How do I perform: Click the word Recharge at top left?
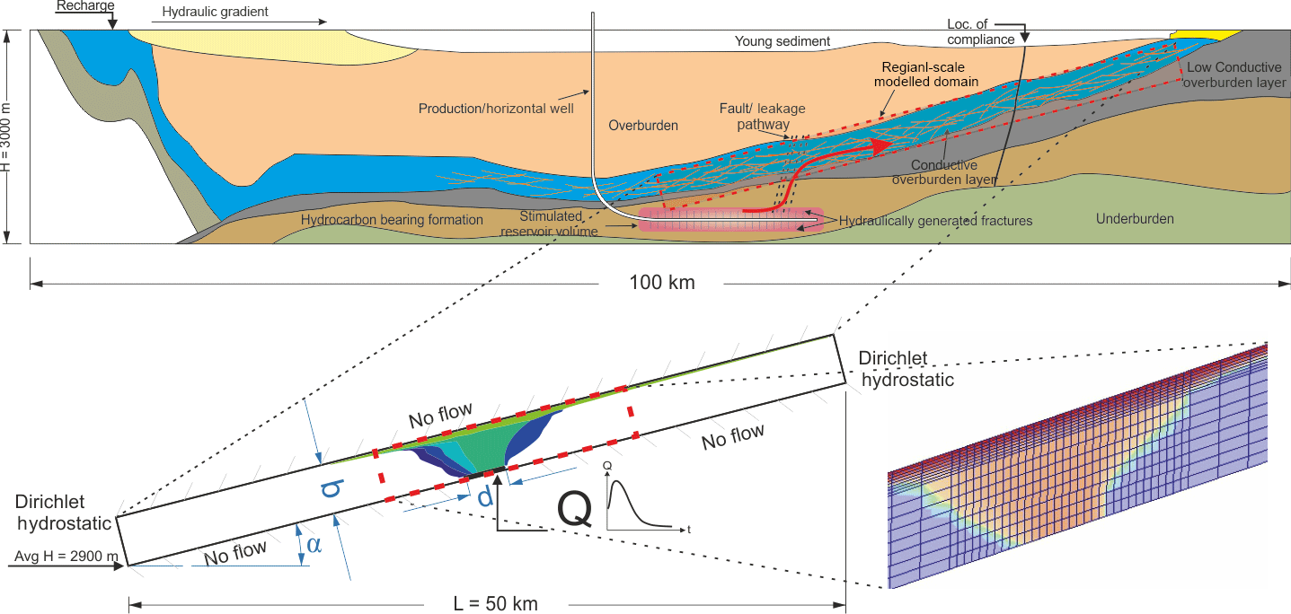coord(84,6)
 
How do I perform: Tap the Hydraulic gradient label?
coord(216,13)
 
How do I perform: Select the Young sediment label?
coord(783,41)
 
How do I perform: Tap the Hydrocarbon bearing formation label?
coord(392,220)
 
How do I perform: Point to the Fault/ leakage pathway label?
coord(762,116)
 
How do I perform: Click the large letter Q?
coord(575,509)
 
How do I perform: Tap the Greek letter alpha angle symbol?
coord(313,545)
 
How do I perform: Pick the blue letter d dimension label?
coord(485,496)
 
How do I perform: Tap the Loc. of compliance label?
coord(980,31)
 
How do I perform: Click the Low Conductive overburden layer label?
coord(1234,75)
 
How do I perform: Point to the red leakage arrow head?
coord(882,144)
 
